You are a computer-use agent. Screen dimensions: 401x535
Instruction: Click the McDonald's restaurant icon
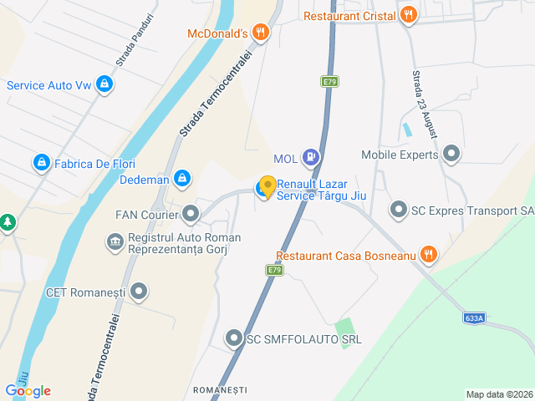coord(261,33)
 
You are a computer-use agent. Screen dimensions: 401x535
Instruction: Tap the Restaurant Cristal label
coord(350,15)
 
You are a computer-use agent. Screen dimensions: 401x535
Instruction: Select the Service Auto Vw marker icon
coord(104,84)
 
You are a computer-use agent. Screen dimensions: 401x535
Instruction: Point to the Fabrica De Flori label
coord(94,164)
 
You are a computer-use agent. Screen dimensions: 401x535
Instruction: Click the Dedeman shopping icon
coord(182,178)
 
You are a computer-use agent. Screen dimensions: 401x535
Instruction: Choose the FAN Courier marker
coord(191,215)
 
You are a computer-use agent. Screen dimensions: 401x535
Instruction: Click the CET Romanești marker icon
coord(139,292)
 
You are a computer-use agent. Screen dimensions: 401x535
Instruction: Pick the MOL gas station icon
coord(311,156)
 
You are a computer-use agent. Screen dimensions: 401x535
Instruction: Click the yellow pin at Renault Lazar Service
coord(267,186)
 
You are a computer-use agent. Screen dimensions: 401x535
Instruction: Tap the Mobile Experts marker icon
coord(452,154)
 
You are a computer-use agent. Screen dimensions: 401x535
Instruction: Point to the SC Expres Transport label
coord(471,210)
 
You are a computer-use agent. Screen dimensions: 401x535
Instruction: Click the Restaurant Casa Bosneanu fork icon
coord(429,254)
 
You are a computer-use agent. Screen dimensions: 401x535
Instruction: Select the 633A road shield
coord(473,318)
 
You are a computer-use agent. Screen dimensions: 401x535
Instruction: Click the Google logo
coord(28,390)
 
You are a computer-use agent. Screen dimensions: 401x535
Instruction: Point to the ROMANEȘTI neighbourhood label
coord(220,390)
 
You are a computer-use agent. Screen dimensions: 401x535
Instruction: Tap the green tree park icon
coord(7,223)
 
